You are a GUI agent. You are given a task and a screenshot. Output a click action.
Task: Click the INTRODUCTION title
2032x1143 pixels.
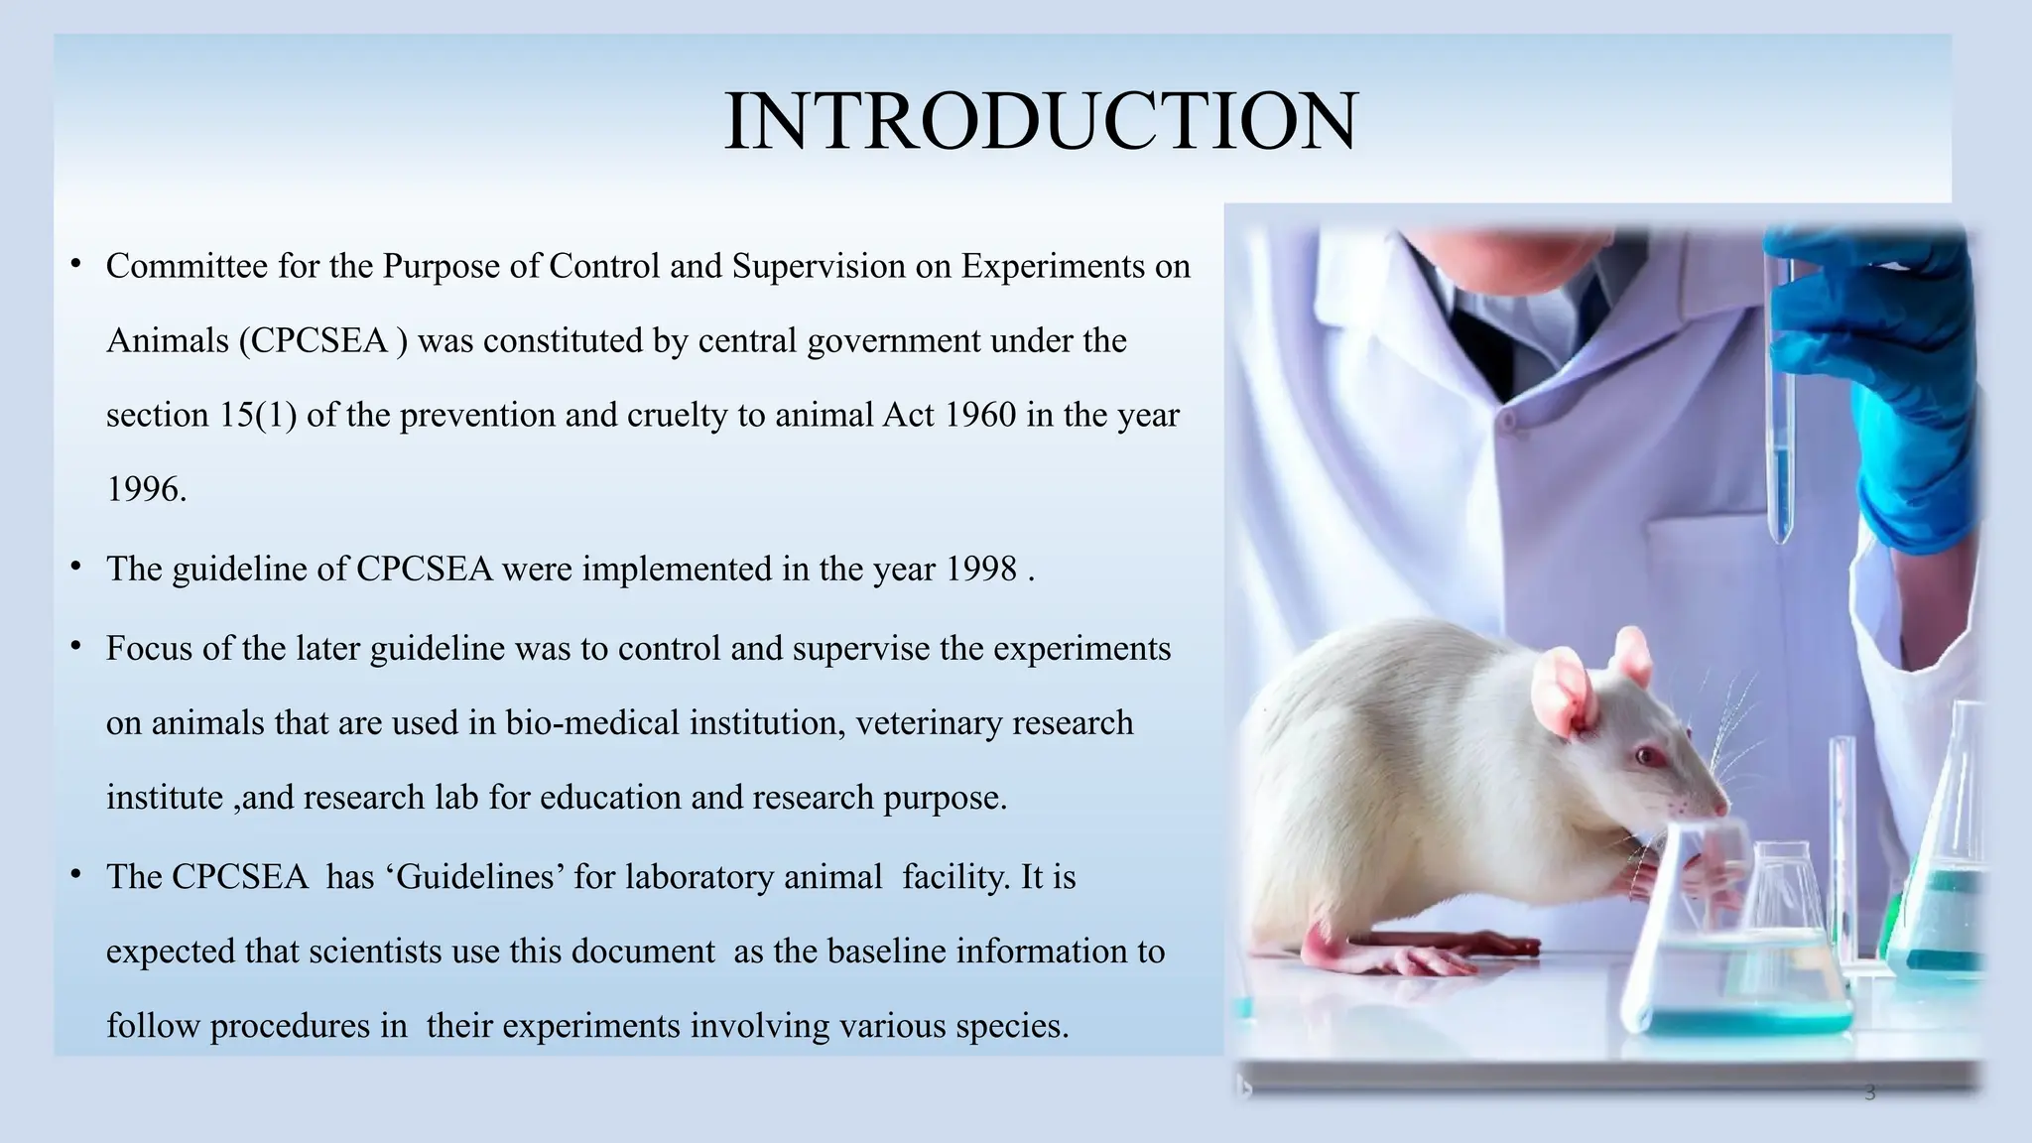(1041, 121)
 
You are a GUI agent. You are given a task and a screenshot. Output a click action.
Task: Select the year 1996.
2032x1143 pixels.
(145, 489)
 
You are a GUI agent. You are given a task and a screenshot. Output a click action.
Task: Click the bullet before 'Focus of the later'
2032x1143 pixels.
(75, 647)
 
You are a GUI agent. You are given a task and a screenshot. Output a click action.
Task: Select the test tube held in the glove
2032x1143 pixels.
(1781, 417)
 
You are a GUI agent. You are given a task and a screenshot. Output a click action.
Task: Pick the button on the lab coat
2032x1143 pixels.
(1507, 422)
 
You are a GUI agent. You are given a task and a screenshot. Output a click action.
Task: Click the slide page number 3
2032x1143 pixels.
(1870, 1093)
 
